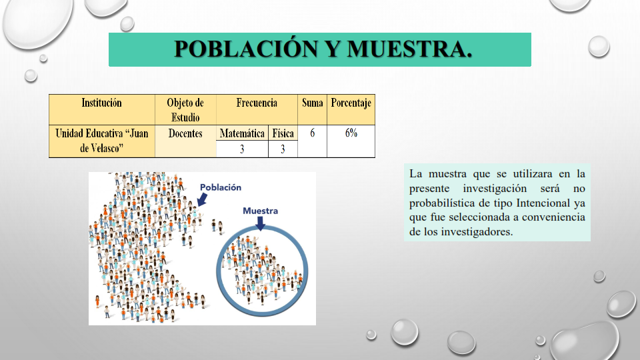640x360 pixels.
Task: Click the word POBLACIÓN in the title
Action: coord(246,49)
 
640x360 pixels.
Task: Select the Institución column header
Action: coord(101,103)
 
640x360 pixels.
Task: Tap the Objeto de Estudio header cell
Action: coord(185,110)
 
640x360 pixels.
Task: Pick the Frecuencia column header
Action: coord(257,103)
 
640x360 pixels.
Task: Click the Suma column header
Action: coord(312,103)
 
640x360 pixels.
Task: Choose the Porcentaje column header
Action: coord(351,103)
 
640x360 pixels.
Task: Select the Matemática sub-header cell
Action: coord(242,133)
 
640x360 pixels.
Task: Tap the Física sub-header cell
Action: coord(283,133)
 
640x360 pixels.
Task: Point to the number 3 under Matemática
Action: coord(242,149)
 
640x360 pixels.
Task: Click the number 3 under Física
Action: coord(283,149)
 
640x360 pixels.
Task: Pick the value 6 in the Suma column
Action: coord(312,133)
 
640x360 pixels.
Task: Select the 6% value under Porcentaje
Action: coord(351,133)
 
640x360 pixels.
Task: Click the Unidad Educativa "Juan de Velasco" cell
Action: coord(101,141)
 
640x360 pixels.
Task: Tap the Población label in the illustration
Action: coord(221,187)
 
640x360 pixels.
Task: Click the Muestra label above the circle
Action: coord(261,211)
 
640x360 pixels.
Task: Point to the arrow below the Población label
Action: coord(202,199)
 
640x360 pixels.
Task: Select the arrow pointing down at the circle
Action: coord(261,223)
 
